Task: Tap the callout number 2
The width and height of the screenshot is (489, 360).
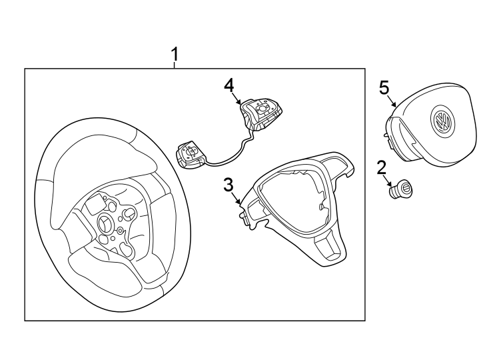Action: (382, 167)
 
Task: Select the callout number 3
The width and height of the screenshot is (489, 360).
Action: (229, 184)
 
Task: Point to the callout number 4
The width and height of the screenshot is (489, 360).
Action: (229, 85)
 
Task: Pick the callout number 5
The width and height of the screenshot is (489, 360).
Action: (384, 87)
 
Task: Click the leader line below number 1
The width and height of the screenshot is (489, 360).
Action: (175, 65)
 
